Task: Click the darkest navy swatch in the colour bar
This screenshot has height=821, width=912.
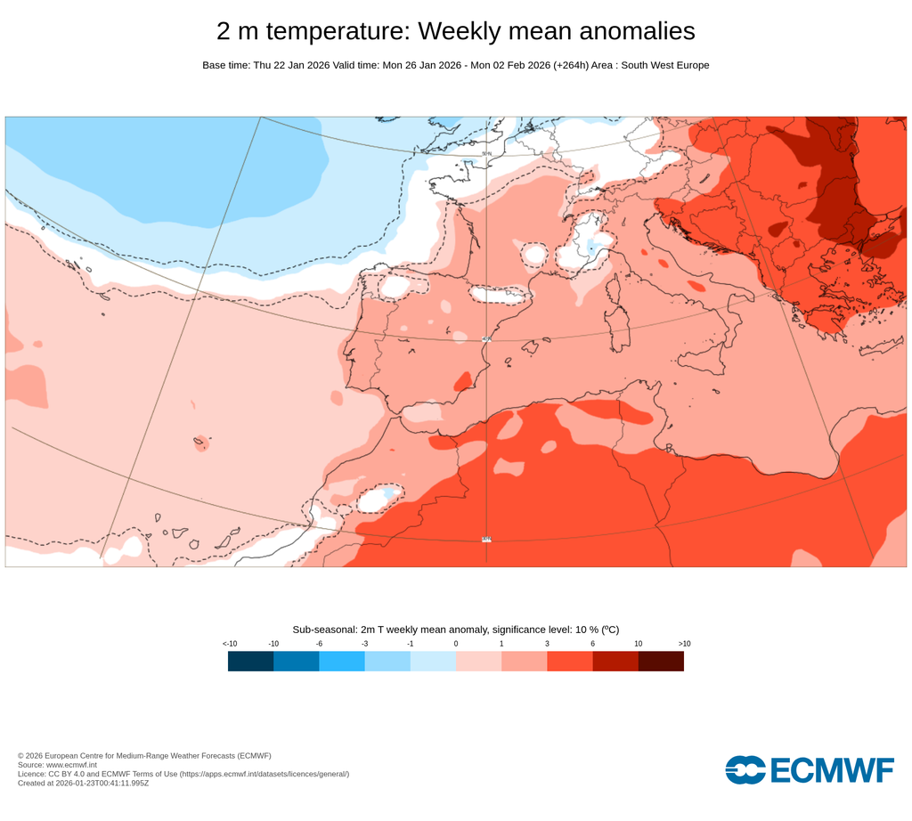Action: tap(250, 661)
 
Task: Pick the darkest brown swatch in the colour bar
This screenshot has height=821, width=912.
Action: tap(661, 661)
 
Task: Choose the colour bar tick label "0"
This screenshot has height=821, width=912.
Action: tap(456, 643)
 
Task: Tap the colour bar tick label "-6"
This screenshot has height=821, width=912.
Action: tap(319, 643)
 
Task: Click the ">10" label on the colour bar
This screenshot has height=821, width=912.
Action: tap(684, 643)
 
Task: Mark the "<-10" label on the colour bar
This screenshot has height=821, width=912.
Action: tap(229, 643)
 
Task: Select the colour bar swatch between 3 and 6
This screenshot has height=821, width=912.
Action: tap(570, 661)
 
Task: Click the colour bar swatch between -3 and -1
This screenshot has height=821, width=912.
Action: tap(387, 661)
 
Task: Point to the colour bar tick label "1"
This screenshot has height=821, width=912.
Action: tap(501, 643)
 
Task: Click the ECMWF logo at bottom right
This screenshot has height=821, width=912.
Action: tap(809, 769)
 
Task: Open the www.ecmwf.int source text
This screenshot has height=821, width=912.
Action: tap(70, 765)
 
